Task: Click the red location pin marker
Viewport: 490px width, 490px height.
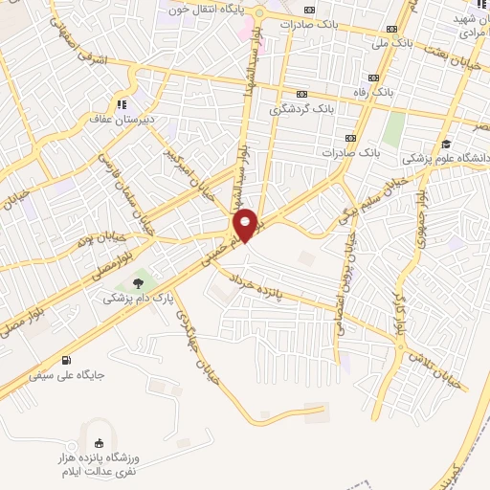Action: [x=246, y=226]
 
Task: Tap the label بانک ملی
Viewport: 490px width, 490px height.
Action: [x=391, y=44]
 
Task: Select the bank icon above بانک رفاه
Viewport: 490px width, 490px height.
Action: [x=373, y=78]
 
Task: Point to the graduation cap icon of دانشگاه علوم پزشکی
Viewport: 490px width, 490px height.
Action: [x=446, y=145]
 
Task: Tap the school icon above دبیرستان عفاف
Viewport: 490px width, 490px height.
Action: [x=122, y=104]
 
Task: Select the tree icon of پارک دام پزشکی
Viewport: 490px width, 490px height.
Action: [x=139, y=282]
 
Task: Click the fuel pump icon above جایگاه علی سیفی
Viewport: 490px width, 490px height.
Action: [x=65, y=361]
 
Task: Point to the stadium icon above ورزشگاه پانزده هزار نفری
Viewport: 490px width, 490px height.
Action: [x=100, y=442]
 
